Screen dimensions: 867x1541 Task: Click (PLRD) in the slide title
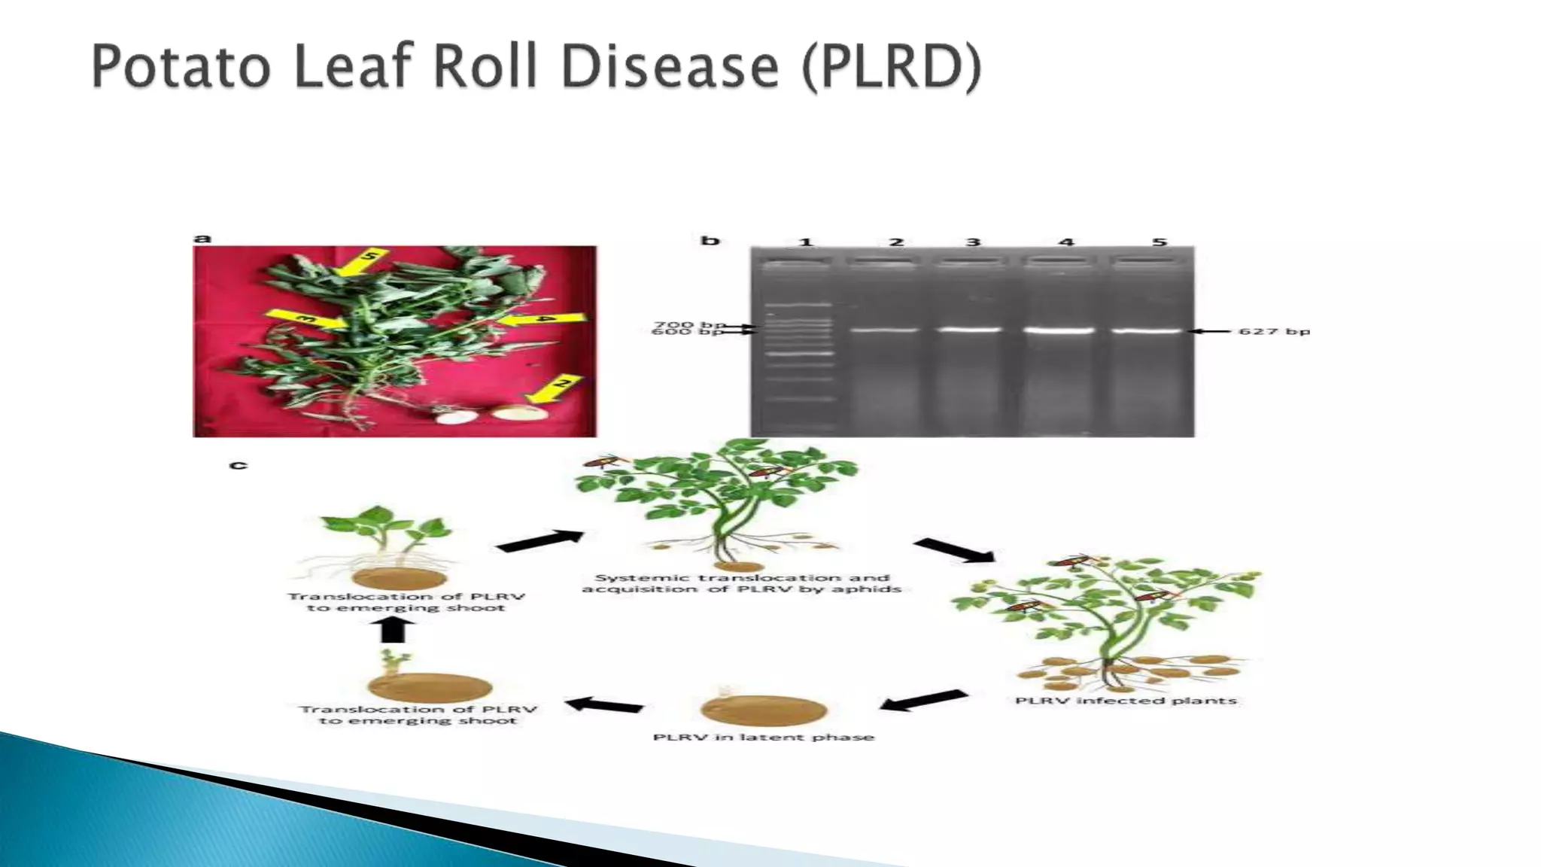[x=891, y=68]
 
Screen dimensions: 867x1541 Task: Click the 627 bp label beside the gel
[x=1273, y=331]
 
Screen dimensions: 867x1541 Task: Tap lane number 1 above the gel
[x=806, y=242]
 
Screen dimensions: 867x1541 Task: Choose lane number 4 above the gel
[x=1066, y=242]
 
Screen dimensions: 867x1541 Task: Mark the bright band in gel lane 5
[x=1151, y=330]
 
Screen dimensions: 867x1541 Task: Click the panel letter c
[x=238, y=464]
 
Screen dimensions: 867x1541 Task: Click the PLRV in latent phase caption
[x=763, y=737]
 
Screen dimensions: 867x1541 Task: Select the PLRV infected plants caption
[x=1126, y=701]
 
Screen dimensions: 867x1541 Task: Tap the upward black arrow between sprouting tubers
[x=394, y=629]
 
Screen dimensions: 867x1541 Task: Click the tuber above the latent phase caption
[x=763, y=710]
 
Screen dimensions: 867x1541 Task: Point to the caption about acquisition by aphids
[x=741, y=583]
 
